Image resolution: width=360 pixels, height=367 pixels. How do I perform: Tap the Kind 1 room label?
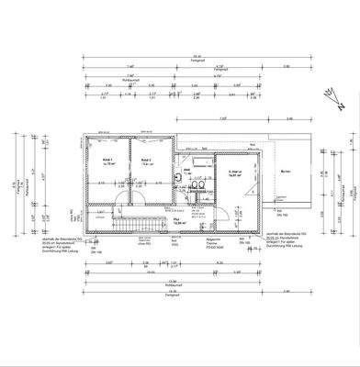(x=107, y=158)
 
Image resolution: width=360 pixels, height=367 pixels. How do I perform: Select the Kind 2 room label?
(x=145, y=158)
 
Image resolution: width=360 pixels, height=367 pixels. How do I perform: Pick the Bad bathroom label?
(x=186, y=169)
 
